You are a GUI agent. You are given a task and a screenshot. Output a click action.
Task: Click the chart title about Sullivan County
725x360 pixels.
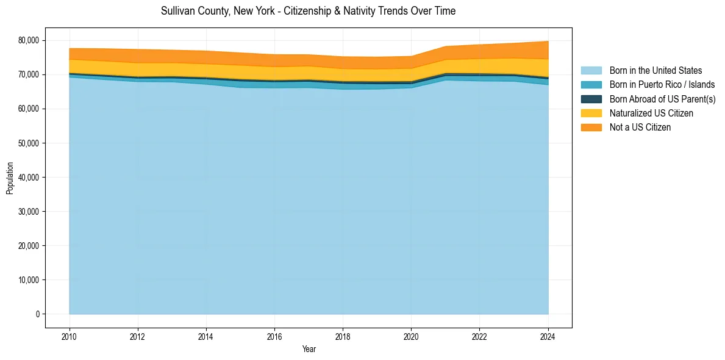308,11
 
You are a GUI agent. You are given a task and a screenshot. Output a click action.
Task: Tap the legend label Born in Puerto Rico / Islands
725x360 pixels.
662,85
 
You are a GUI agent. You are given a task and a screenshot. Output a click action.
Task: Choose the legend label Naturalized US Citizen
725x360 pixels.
651,113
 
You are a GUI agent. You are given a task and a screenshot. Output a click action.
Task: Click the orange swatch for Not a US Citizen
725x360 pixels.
591,127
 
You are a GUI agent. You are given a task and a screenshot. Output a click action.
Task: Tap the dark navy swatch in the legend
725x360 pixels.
591,99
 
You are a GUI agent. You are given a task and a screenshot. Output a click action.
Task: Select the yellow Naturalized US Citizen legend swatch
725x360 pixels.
591,113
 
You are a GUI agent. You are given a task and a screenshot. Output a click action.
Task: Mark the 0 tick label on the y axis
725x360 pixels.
37,314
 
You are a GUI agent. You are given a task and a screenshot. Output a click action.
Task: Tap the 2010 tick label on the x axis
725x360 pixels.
70,336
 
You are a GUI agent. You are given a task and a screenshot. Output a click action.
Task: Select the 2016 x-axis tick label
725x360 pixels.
274,336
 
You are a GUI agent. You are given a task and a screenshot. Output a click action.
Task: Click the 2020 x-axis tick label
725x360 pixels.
411,336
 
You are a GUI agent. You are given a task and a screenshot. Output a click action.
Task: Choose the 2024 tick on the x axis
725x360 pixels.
548,336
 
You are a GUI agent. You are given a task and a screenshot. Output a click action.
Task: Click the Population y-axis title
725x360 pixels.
10,178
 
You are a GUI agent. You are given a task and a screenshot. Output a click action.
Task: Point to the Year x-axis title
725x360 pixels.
309,349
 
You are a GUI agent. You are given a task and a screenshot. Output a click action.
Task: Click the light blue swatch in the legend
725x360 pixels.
591,71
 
